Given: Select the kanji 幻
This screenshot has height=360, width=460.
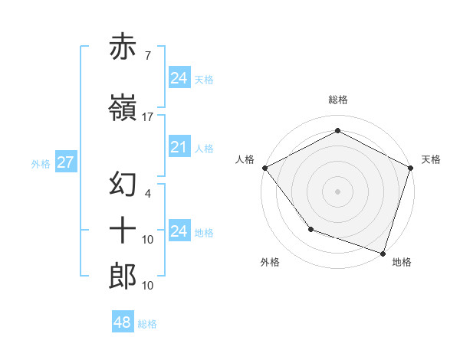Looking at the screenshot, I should tap(123, 185).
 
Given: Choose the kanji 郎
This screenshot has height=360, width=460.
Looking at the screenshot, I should tap(123, 276).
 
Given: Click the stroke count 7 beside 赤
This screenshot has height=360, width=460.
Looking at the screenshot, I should tap(147, 55).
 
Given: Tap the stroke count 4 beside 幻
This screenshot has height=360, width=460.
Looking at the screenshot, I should tap(147, 195).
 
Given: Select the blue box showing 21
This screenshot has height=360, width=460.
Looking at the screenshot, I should tap(179, 148).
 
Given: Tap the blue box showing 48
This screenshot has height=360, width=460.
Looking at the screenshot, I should tap(122, 322).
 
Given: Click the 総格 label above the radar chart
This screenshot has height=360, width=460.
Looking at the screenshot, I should tap(337, 100).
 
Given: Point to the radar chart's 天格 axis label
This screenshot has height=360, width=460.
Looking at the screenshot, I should tap(431, 159).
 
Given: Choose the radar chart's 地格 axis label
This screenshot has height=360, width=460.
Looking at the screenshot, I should tap(402, 262).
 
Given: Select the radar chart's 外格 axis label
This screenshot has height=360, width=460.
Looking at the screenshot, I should tap(270, 262).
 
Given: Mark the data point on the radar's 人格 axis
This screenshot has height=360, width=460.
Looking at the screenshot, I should tap(264, 167).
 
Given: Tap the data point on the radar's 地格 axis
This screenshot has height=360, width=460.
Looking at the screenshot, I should tap(383, 252).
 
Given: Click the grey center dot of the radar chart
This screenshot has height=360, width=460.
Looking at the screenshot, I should tap(337, 191).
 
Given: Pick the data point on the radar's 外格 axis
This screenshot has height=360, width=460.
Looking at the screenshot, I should tap(310, 228).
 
